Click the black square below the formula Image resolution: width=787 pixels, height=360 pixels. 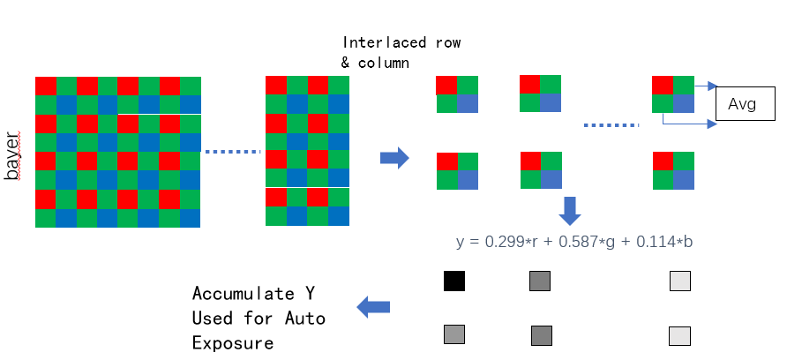tap(454, 281)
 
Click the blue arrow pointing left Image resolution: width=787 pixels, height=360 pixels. tap(373, 307)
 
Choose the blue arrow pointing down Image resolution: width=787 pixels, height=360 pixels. tap(570, 211)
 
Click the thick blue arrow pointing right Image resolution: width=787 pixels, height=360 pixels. tap(394, 159)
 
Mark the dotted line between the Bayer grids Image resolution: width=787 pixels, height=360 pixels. tap(233, 152)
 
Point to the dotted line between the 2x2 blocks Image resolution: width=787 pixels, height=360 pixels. tap(611, 125)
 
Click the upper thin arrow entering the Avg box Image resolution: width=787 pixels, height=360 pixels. tap(705, 86)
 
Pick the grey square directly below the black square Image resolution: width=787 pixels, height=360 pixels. tap(454, 334)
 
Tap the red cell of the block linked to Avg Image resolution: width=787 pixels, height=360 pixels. tap(662, 85)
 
